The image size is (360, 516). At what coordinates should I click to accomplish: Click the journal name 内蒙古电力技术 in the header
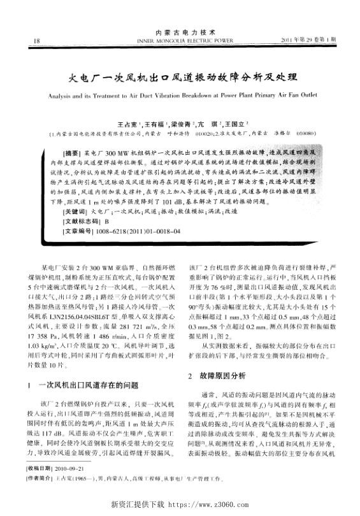pyautogui.click(x=180, y=31)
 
